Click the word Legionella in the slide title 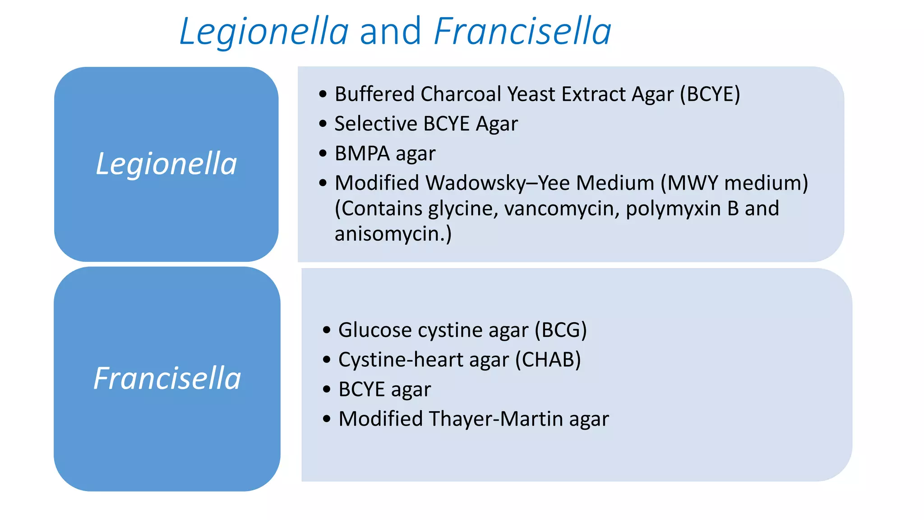[x=264, y=32]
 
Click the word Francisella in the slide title [x=522, y=32]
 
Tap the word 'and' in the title [x=390, y=32]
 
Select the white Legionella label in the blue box [x=166, y=163]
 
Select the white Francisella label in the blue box [x=167, y=378]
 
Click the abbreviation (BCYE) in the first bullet [x=710, y=94]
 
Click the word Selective [x=376, y=124]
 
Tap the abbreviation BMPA [x=362, y=153]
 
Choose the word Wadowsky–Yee [x=498, y=183]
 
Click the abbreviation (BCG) [x=560, y=330]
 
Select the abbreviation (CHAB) [x=548, y=360]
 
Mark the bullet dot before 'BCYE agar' [x=327, y=390]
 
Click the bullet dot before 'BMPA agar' [x=323, y=153]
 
